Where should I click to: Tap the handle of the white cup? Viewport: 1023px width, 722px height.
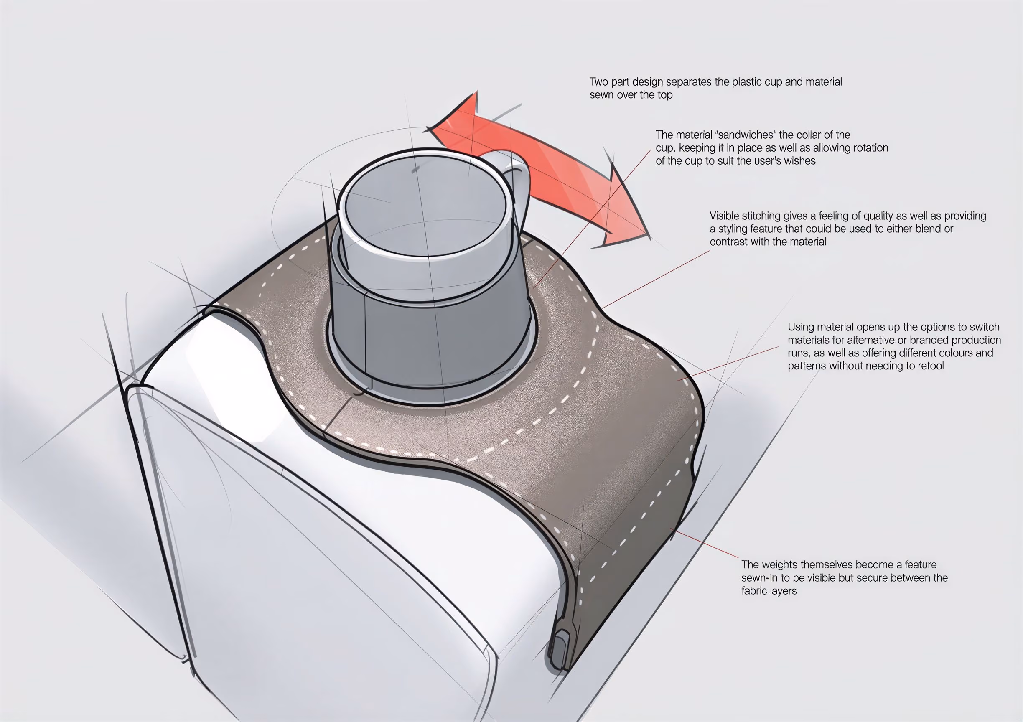519,178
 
